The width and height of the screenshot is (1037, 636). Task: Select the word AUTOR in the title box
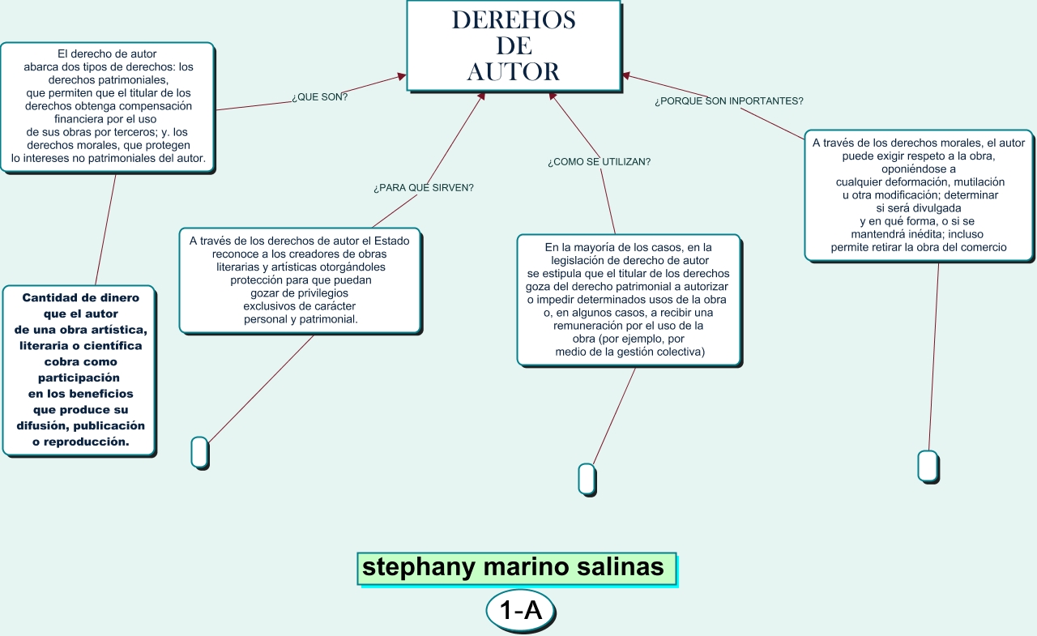click(514, 72)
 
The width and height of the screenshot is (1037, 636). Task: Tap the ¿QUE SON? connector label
click(319, 97)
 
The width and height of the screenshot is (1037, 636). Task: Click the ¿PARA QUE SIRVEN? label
click(423, 188)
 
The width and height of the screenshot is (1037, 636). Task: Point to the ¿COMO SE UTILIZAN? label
click(599, 162)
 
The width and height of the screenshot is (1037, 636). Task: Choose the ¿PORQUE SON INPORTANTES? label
click(728, 101)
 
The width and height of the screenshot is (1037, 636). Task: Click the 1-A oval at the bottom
click(520, 612)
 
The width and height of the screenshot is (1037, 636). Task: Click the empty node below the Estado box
click(199, 451)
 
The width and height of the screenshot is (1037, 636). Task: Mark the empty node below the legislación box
click(587, 478)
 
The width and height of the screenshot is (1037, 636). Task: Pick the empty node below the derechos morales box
click(928, 466)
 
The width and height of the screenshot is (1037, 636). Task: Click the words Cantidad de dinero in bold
click(80, 297)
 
